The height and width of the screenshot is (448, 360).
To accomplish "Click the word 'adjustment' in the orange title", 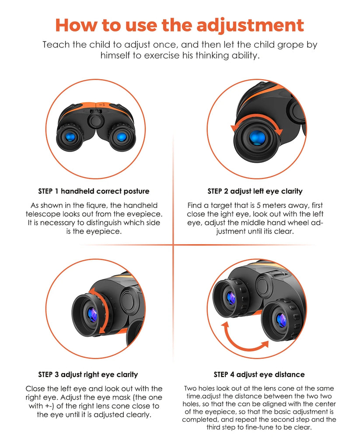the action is [250, 26].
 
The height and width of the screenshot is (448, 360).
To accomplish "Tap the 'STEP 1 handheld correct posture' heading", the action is [94, 191].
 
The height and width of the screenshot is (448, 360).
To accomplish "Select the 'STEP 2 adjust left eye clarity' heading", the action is [255, 191].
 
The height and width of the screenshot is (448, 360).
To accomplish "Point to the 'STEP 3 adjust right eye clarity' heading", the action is [88, 374].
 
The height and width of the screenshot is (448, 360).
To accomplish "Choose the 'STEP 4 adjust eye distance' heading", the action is [259, 374].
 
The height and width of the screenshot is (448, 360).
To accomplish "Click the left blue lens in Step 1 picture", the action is [70, 137].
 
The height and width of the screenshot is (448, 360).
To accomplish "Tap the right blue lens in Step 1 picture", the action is [122, 137].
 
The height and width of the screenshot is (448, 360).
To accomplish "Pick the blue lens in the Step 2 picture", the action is [257, 138].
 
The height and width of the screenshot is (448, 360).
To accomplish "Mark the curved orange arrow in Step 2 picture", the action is [257, 118].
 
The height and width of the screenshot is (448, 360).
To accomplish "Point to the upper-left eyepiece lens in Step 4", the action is [231, 298].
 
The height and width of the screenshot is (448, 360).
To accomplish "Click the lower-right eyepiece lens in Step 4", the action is [281, 320].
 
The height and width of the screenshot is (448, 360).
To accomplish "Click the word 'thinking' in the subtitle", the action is [212, 55].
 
